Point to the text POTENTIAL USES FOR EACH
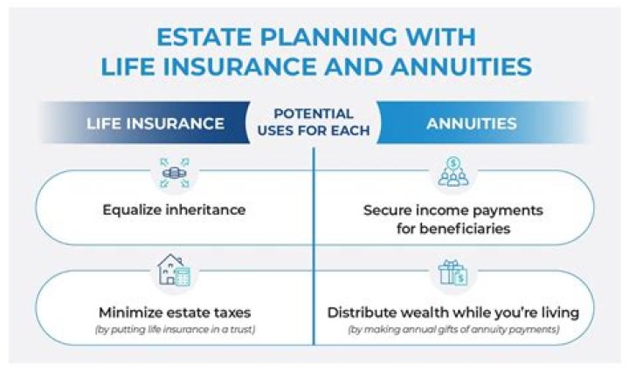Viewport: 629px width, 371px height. pos(314,122)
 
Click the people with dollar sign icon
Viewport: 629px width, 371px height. pos(453,172)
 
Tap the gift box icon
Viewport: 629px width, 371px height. pos(453,272)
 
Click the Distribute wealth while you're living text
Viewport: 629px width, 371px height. pos(453,312)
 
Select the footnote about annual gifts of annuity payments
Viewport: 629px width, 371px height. pos(453,330)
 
